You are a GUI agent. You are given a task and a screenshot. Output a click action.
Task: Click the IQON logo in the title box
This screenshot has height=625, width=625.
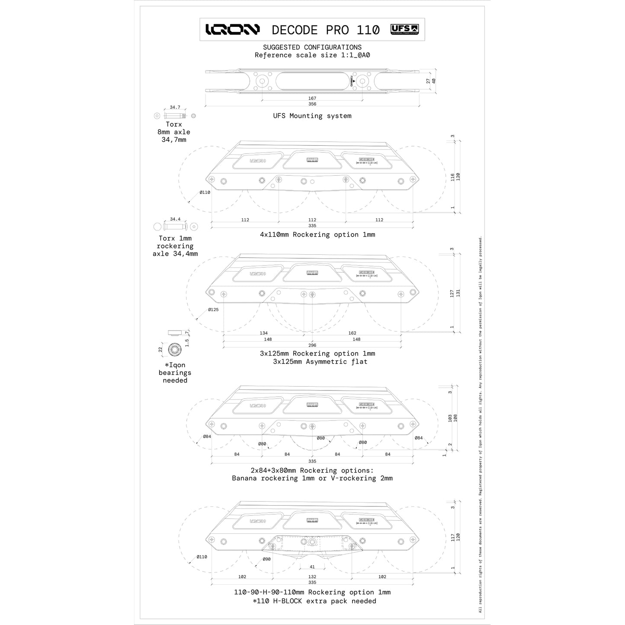(232, 29)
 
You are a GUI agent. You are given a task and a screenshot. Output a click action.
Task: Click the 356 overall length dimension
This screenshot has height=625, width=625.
(312, 104)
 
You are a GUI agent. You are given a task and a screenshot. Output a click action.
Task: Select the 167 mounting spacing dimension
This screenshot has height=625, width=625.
(312, 99)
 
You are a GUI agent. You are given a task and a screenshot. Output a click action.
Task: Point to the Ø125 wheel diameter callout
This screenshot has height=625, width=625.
(213, 310)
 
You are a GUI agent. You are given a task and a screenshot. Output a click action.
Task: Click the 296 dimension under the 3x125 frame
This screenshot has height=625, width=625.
(312, 345)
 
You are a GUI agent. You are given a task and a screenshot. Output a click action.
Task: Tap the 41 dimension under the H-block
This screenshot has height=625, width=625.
(312, 567)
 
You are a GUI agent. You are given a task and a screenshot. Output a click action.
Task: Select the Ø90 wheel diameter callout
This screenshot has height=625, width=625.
(266, 559)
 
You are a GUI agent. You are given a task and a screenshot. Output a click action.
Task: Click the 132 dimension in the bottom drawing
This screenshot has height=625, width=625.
(312, 577)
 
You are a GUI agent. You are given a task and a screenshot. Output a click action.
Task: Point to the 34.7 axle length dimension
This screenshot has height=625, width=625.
(175, 107)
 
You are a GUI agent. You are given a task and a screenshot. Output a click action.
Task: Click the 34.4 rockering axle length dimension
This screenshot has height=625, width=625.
(175, 219)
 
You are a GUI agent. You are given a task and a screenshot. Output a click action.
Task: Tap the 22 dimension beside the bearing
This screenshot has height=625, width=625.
(160, 349)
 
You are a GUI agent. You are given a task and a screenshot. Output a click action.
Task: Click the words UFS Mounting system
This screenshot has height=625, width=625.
(312, 116)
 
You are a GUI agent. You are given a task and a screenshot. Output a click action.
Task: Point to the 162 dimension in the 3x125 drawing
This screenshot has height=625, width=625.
(352, 333)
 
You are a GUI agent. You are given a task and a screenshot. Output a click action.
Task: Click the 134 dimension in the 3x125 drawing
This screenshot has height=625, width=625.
(263, 333)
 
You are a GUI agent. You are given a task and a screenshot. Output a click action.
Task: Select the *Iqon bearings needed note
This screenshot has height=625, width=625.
(175, 373)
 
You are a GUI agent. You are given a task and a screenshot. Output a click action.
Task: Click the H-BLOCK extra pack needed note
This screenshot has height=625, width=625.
(314, 601)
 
